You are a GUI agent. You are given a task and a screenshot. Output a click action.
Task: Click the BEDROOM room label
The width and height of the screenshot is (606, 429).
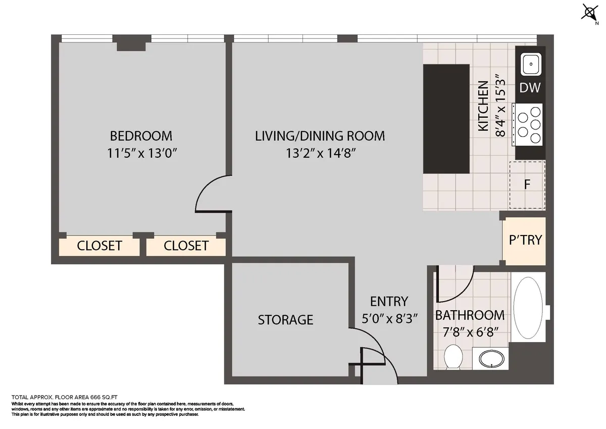[x=141, y=136]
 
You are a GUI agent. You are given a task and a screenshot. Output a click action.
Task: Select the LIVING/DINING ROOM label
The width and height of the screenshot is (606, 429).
[x=320, y=136]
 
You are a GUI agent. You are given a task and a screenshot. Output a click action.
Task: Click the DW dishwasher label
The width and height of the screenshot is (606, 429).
[x=530, y=88]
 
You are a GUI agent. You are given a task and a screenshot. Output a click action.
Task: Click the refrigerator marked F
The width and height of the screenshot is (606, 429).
[x=527, y=184]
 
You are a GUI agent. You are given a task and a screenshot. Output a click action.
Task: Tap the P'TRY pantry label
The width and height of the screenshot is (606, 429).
[x=525, y=240]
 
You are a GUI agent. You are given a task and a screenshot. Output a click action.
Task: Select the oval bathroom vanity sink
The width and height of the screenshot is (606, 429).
[x=490, y=359]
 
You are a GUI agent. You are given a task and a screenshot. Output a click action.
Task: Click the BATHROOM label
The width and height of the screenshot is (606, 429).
[x=470, y=315]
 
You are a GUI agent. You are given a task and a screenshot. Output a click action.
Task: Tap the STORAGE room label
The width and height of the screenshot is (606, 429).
[x=285, y=320]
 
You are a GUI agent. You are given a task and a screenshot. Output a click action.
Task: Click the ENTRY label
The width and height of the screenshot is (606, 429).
[x=388, y=302]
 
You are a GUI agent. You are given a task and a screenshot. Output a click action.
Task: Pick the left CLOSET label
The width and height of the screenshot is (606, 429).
[x=99, y=246]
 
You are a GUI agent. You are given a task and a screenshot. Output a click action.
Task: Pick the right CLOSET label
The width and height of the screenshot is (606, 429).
[x=186, y=246]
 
